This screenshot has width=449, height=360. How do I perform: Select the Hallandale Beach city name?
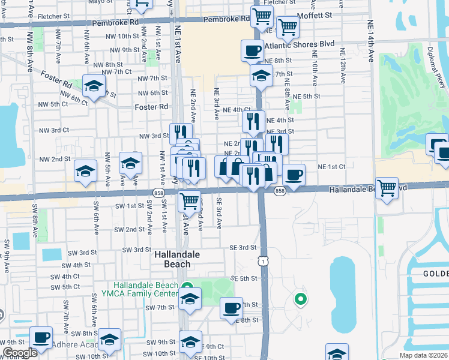click(x=181, y=259)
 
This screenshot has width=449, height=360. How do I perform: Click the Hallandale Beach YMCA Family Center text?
click(x=147, y=289)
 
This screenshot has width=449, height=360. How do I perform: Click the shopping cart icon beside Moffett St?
click(x=288, y=26)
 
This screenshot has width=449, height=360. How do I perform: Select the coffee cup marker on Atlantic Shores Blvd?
click(x=253, y=50)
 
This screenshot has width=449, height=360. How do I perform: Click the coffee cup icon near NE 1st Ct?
click(x=294, y=175)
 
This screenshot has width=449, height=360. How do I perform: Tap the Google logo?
click(x=20, y=353)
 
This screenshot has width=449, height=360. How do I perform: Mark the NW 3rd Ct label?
click(x=54, y=130)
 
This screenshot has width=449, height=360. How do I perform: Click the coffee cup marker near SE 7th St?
click(x=231, y=308)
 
